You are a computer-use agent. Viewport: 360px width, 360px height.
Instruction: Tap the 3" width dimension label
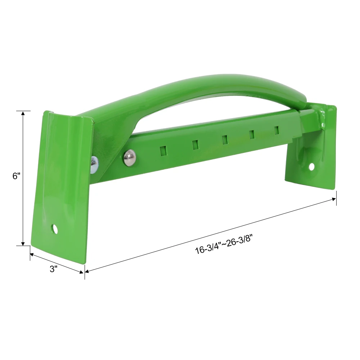point(54,269)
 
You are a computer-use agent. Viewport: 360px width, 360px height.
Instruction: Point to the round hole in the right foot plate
point(311,166)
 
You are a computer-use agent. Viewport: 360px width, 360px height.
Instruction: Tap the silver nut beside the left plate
point(94,165)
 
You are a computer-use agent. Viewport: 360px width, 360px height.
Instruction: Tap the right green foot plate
point(313,158)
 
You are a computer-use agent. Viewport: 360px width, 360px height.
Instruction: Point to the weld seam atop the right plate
point(321,117)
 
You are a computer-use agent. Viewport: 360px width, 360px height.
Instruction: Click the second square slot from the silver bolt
point(195,144)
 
